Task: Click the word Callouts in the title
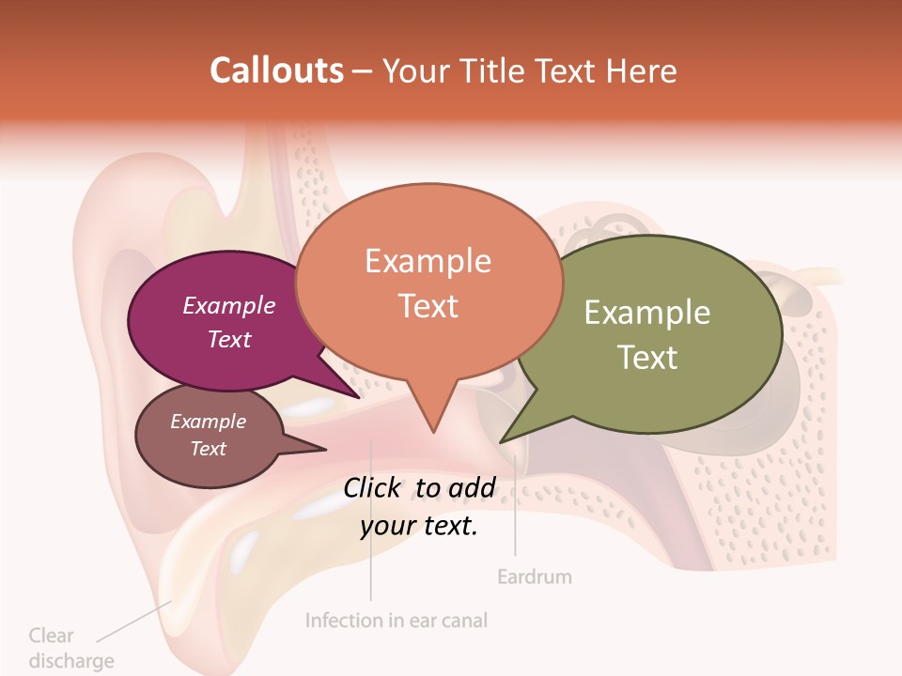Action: coord(276,70)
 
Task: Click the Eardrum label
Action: coord(534,576)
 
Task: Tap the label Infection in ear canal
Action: coord(397,620)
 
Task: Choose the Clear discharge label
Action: coord(70,648)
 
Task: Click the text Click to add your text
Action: coord(419,507)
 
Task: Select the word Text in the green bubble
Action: coord(647,357)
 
